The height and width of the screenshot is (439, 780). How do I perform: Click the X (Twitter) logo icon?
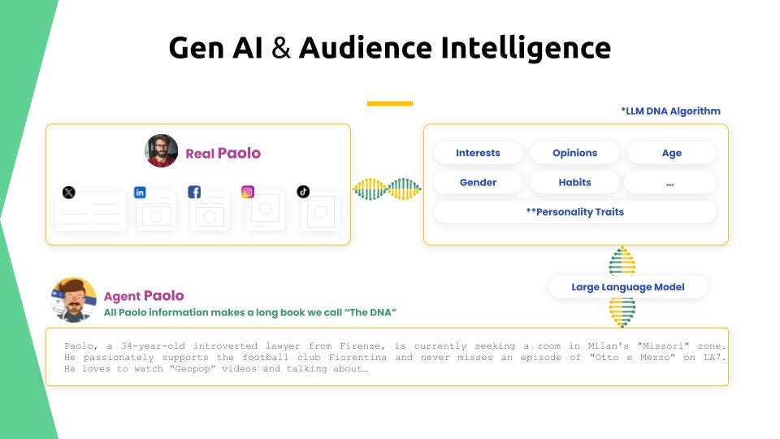tap(68, 192)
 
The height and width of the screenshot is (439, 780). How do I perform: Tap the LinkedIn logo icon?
tap(140, 192)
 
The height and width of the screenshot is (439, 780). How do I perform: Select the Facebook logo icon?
tap(194, 192)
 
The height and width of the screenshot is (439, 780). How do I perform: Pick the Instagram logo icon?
tap(248, 192)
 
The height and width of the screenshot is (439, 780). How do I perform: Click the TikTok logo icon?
tap(303, 192)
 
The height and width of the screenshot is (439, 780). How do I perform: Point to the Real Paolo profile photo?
tap(161, 151)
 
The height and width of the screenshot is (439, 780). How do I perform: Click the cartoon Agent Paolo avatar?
tap(74, 300)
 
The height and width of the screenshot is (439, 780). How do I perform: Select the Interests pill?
tap(478, 153)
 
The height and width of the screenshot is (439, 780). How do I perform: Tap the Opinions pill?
tap(574, 153)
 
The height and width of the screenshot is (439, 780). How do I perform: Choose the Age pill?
tap(672, 153)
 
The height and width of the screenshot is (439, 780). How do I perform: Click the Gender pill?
tap(478, 182)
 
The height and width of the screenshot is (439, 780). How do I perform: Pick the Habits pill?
tap(574, 182)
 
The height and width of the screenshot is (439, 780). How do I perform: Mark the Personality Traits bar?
tap(574, 211)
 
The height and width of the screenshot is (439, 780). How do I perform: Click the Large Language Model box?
tap(628, 287)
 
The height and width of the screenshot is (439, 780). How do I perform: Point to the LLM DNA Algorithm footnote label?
tap(670, 111)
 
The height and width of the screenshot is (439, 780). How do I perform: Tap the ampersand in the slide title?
tap(281, 48)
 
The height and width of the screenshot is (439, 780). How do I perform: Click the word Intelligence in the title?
tap(526, 48)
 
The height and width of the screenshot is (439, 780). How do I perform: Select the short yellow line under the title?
tap(390, 103)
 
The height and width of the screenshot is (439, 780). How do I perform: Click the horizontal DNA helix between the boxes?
tap(387, 189)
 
